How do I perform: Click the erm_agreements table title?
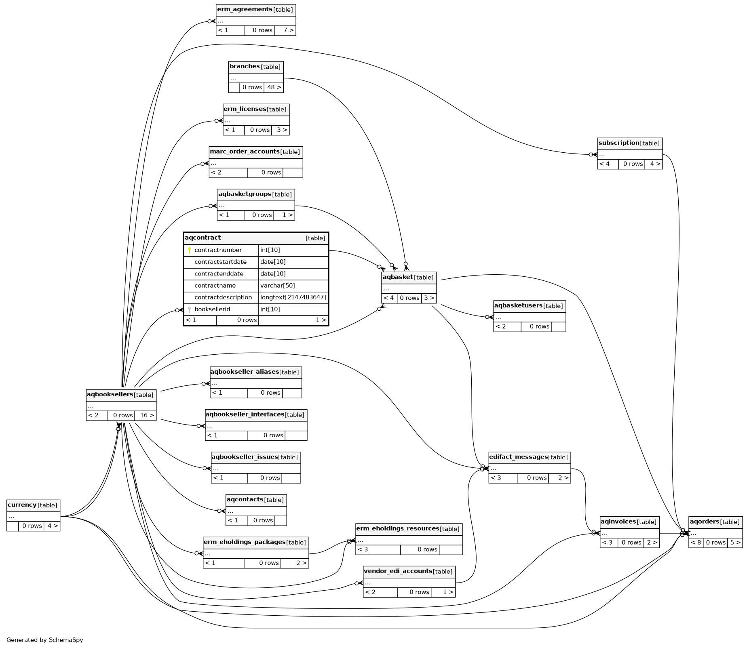click(245, 10)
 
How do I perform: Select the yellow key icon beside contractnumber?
click(189, 250)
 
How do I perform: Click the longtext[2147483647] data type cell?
click(293, 297)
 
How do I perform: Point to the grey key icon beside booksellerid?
click(189, 309)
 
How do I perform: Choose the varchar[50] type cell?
click(278, 286)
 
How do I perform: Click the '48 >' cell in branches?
click(274, 87)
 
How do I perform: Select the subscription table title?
click(619, 143)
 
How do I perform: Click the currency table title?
click(22, 505)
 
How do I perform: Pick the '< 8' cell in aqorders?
click(696, 543)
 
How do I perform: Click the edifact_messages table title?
click(518, 457)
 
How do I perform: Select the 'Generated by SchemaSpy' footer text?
click(45, 640)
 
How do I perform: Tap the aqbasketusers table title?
click(518, 306)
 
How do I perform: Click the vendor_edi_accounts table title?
click(398, 571)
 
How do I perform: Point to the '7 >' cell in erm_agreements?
click(285, 30)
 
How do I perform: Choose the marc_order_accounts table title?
click(245, 151)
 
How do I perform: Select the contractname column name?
click(215, 286)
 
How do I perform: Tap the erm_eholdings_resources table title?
click(398, 529)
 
